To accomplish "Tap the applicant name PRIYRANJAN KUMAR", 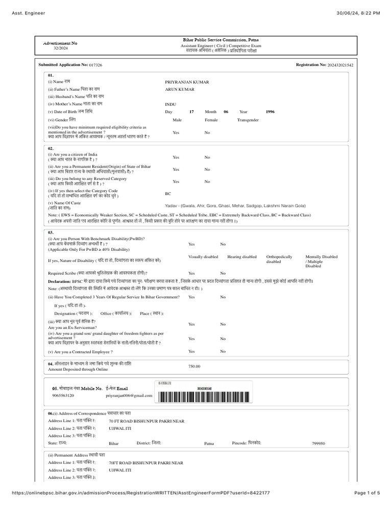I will point(187,82).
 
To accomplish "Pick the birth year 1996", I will point(271,111).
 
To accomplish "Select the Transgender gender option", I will point(248,120).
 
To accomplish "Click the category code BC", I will point(168,194).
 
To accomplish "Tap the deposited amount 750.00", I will point(194,366).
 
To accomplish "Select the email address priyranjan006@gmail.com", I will point(129,396).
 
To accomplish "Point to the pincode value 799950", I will point(318,444).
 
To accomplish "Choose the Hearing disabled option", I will point(242,257).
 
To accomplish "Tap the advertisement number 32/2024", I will point(60,48).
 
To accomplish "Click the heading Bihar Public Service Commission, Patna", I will point(220,40).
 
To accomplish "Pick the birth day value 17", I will point(191,111).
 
